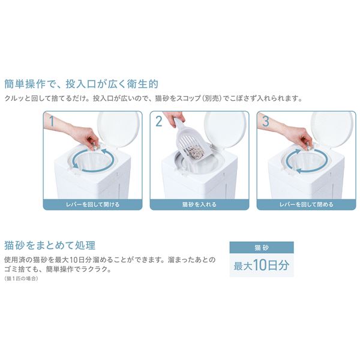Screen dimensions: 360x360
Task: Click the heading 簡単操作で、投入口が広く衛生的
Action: (81, 84)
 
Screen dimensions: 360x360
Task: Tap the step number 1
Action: (52, 121)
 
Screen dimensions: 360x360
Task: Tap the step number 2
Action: (158, 121)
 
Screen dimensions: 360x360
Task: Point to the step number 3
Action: (265, 121)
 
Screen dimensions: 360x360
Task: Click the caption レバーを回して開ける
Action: (93, 205)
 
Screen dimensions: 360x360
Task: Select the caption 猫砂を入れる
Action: (199, 205)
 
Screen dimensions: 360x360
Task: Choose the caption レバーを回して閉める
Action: (306, 205)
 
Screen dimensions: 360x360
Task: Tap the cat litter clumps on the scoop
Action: (195, 150)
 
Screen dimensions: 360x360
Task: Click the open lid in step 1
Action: (118, 129)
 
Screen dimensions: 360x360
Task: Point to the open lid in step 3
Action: (332, 129)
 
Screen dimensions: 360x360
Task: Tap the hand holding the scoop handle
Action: (174, 118)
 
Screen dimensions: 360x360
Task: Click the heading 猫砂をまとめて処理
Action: (50, 245)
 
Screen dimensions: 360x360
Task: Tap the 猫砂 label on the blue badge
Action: (262, 248)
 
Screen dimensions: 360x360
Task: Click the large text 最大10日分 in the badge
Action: (262, 265)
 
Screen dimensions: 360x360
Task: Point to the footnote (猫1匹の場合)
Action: (21, 279)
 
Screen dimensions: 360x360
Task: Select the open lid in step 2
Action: (225, 129)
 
